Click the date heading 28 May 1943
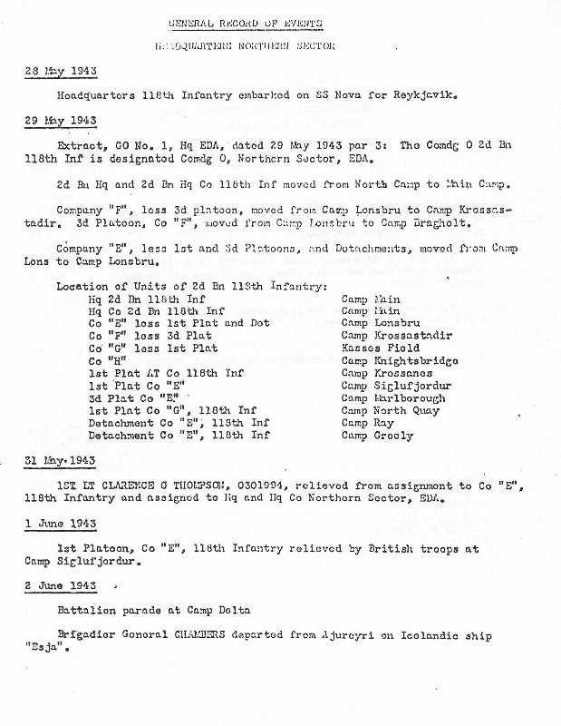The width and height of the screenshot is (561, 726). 61,71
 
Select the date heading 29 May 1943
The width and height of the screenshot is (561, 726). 61,121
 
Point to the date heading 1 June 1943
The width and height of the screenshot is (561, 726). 61,524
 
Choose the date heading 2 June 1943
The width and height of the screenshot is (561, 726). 61,585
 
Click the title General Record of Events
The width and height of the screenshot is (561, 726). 245,23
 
